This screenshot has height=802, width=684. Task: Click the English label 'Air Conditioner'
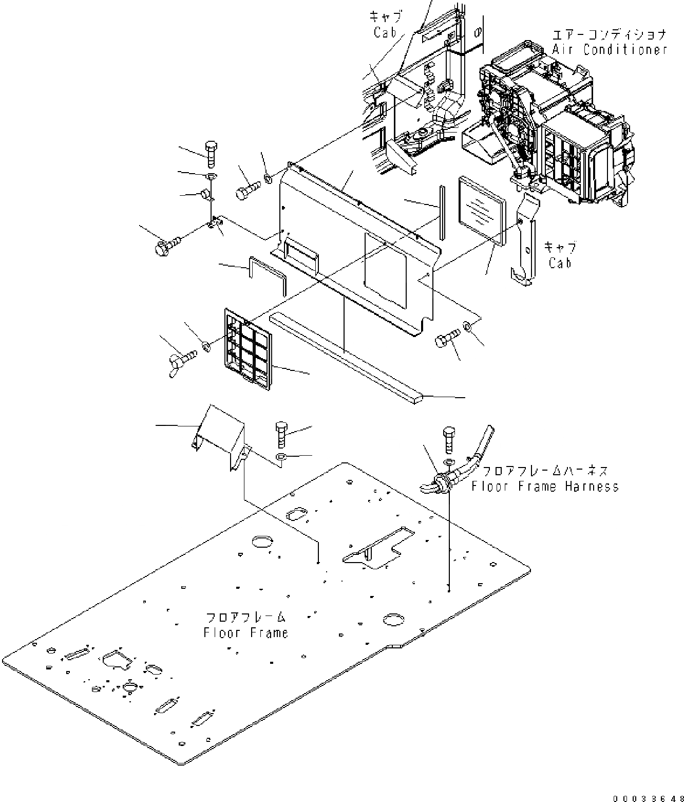[x=610, y=50]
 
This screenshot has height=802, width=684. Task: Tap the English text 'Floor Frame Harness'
[x=545, y=486]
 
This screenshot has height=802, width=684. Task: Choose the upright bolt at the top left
[x=211, y=153]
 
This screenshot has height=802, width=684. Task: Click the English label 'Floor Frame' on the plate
[x=245, y=632]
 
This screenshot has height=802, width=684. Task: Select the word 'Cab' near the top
[x=385, y=32]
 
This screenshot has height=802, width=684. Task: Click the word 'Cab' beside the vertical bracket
[x=560, y=263]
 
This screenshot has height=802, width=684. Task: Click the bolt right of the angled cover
[x=282, y=435]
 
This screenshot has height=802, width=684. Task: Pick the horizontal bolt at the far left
[x=167, y=244]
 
